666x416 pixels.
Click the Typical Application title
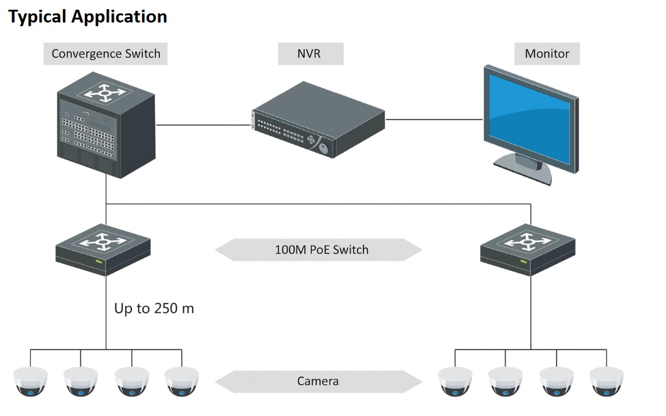(x=87, y=16)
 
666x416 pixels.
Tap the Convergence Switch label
(x=106, y=54)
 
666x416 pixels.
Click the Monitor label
(x=546, y=54)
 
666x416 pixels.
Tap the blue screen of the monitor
(x=527, y=119)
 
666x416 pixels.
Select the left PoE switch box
(x=104, y=249)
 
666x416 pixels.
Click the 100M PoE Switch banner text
(x=321, y=249)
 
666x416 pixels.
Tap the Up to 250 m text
(x=154, y=308)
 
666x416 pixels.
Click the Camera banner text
(x=318, y=382)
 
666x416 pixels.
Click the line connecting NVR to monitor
(x=434, y=119)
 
